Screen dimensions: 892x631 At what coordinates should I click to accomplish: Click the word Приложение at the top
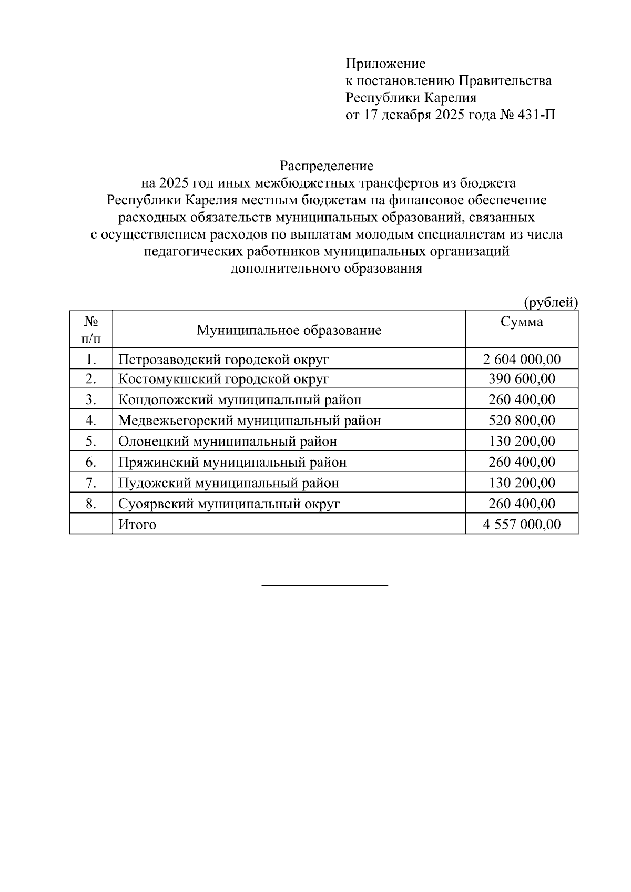tap(385, 64)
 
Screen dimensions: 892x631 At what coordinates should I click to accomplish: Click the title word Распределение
tap(327, 166)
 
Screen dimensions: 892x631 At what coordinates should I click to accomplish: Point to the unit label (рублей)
tap(550, 302)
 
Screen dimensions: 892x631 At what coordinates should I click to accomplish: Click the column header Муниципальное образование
tap(289, 330)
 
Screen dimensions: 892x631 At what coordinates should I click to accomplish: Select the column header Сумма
tap(521, 322)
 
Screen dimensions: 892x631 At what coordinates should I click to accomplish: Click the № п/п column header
tap(91, 329)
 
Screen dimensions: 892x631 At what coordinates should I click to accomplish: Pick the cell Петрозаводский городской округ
tap(223, 360)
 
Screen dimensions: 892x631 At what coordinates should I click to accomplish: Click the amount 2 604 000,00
tap(522, 360)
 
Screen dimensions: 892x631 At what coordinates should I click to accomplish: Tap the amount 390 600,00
tap(522, 379)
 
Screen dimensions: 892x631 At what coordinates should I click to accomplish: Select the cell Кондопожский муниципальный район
tap(240, 399)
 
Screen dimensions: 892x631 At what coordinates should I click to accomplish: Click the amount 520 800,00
tap(522, 421)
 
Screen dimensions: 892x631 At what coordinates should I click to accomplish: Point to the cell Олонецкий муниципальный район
tap(227, 441)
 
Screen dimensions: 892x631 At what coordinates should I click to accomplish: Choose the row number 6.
tap(90, 462)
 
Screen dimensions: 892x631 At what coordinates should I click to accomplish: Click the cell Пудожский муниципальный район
tap(228, 483)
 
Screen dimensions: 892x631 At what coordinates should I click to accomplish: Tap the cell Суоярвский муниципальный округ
tap(229, 504)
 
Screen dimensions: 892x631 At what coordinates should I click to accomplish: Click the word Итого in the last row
tap(137, 524)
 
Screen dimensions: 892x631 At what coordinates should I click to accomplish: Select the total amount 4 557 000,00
tap(522, 524)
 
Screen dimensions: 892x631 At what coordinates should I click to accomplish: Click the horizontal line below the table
tap(324, 585)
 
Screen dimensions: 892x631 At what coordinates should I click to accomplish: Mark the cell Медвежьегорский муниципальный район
tap(249, 421)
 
